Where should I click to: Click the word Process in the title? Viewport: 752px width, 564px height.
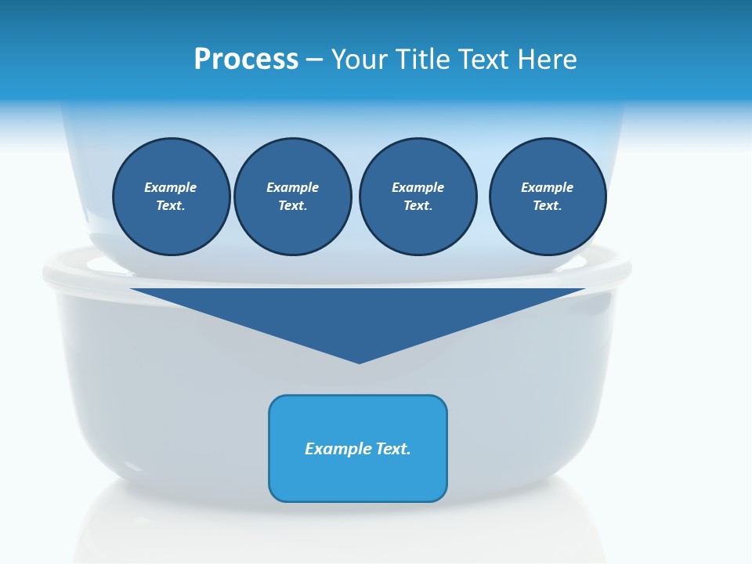click(x=246, y=59)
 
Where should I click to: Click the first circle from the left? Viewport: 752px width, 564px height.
click(x=172, y=197)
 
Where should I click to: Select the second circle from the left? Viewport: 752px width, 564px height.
click(x=293, y=197)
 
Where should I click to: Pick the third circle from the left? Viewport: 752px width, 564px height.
click(x=418, y=197)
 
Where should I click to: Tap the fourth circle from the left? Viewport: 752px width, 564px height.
click(x=548, y=197)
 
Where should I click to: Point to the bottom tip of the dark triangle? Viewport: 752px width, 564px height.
click(x=359, y=363)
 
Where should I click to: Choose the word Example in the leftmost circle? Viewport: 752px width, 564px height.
click(x=171, y=187)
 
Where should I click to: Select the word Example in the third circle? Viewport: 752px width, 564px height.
click(x=418, y=187)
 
